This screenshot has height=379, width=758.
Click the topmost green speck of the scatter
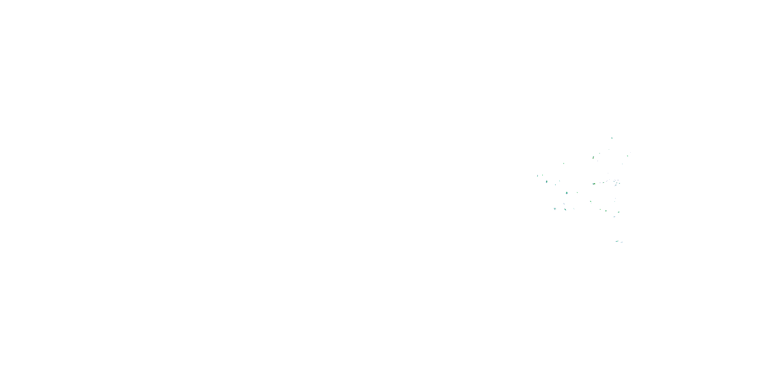click(x=612, y=138)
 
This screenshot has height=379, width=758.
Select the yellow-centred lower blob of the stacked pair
click(x=593, y=158)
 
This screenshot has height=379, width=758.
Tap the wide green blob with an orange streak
click(x=594, y=184)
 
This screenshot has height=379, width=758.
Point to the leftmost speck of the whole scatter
click(x=537, y=176)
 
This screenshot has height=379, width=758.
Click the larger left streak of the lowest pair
click(x=617, y=241)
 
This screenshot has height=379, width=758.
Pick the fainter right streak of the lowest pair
click(x=622, y=242)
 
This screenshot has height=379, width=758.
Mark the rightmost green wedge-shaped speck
click(x=627, y=156)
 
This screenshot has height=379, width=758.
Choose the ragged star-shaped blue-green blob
click(x=567, y=193)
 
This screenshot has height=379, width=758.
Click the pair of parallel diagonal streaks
click(x=555, y=209)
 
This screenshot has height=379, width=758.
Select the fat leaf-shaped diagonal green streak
click(x=565, y=209)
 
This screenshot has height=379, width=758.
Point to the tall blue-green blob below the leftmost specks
click(x=547, y=182)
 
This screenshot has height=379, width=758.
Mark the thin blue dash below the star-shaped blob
click(x=564, y=204)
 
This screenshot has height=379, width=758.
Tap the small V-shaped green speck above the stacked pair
click(x=599, y=153)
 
